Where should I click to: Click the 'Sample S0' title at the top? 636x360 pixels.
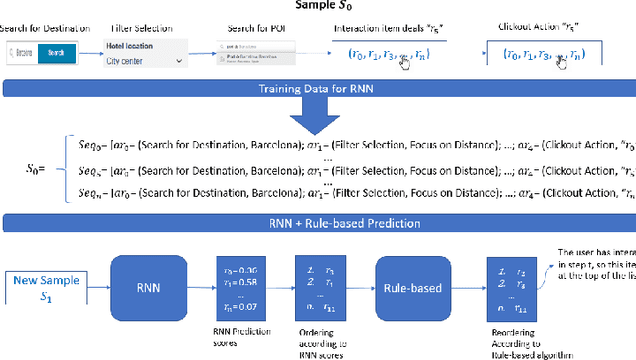coord(316,9)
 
